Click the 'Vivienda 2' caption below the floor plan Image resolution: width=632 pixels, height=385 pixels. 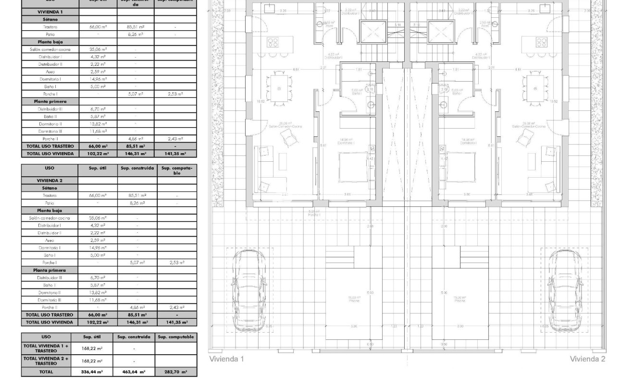[587, 359]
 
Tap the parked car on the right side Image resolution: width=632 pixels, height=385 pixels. [565, 291]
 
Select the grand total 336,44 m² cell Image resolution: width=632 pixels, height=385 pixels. [91, 372]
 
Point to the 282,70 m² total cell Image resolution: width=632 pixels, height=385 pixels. [175, 372]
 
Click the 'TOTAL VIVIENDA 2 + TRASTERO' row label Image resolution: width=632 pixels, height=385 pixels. [46, 361]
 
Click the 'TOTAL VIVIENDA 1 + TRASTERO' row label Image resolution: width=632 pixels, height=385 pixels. [46, 348]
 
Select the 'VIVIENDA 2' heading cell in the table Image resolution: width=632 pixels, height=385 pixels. [50, 180]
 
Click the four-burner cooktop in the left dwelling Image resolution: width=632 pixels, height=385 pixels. [273, 42]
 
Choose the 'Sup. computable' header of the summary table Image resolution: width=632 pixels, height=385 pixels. [175, 337]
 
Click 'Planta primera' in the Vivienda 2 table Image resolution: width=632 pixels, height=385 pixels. [50, 270]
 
